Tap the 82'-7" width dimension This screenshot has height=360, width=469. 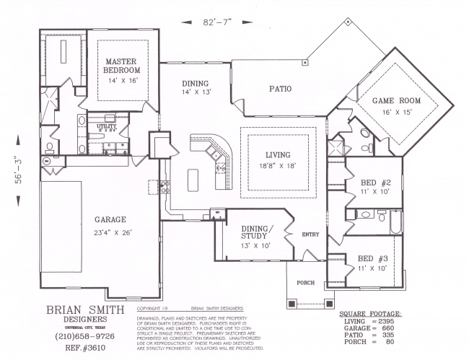216,22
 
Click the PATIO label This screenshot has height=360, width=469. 280,90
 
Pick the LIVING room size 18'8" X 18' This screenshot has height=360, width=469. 278,165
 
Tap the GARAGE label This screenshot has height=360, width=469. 110,219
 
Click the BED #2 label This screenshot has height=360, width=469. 375,183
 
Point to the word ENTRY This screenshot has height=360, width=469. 310,234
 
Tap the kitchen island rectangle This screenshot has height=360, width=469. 193,178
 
